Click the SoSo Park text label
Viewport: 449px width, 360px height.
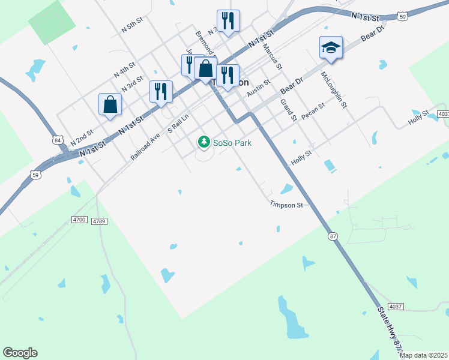[232, 143]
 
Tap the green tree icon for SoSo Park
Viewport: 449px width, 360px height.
[204, 142]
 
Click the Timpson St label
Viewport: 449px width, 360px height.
[286, 205]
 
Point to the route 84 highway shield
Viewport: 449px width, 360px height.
[58, 140]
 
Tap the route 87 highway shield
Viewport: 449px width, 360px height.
[332, 236]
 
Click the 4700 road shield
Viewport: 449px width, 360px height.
[79, 220]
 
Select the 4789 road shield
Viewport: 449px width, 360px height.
[99, 221]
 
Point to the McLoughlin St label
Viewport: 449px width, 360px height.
[334, 89]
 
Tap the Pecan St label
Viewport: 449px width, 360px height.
[313, 111]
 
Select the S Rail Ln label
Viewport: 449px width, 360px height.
[178, 126]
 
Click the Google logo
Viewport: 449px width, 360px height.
[20, 353]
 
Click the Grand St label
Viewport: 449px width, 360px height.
[289, 110]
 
